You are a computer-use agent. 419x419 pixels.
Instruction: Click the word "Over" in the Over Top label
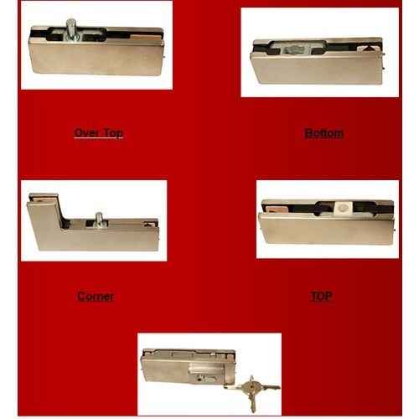click(x=86, y=133)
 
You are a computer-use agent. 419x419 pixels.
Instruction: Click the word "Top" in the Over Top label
click(x=111, y=133)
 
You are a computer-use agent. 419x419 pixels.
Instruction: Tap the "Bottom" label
click(x=324, y=133)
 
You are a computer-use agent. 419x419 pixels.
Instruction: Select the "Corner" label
click(x=95, y=296)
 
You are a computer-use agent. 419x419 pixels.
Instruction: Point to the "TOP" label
click(x=321, y=296)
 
